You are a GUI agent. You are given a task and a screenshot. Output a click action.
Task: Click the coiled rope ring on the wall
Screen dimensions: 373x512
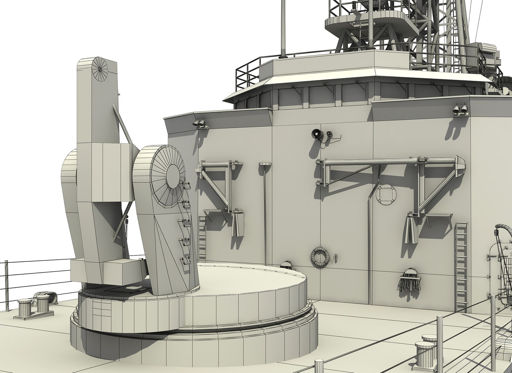(317, 256)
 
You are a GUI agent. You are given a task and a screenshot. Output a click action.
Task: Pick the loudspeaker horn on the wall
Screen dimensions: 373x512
(316, 134)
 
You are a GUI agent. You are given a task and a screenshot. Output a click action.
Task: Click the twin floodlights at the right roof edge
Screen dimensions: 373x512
(459, 109)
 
